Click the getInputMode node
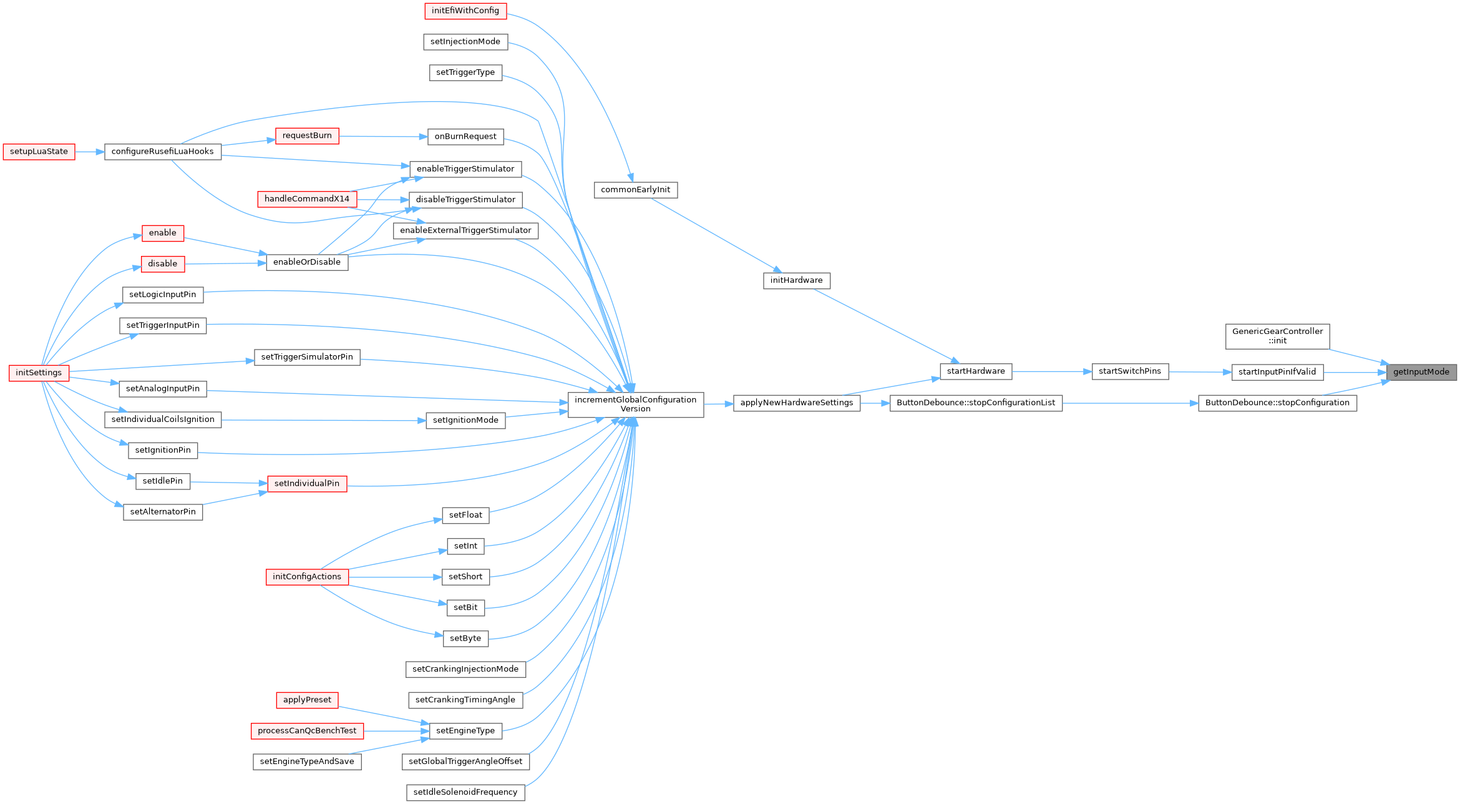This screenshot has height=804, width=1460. pos(1421,372)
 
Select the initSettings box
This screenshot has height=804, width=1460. pos(39,373)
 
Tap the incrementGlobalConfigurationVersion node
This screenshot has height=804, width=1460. pos(635,404)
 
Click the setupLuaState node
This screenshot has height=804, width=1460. pos(39,152)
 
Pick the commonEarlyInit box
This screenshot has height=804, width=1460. pos(635,190)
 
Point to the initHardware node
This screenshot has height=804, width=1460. pos(796,280)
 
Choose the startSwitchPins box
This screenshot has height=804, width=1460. pos(1129,371)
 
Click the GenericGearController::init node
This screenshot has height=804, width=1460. pos(1277,336)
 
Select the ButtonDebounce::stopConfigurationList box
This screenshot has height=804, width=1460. pos(975,403)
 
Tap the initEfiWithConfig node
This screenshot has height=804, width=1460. pos(465,11)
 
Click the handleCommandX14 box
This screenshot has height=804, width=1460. pos(307,199)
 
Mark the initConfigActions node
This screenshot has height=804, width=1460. pos(307,577)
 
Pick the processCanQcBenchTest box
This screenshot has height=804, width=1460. pos(307,731)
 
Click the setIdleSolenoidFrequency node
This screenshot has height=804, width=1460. pos(465,792)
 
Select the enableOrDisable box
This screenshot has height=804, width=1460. pos(307,262)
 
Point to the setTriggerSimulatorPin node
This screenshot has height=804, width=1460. pos(307,357)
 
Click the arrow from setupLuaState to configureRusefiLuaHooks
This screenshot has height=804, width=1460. pos(89,152)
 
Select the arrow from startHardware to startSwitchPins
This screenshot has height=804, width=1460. pos(1051,371)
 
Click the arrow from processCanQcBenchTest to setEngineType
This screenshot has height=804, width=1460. pos(396,731)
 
